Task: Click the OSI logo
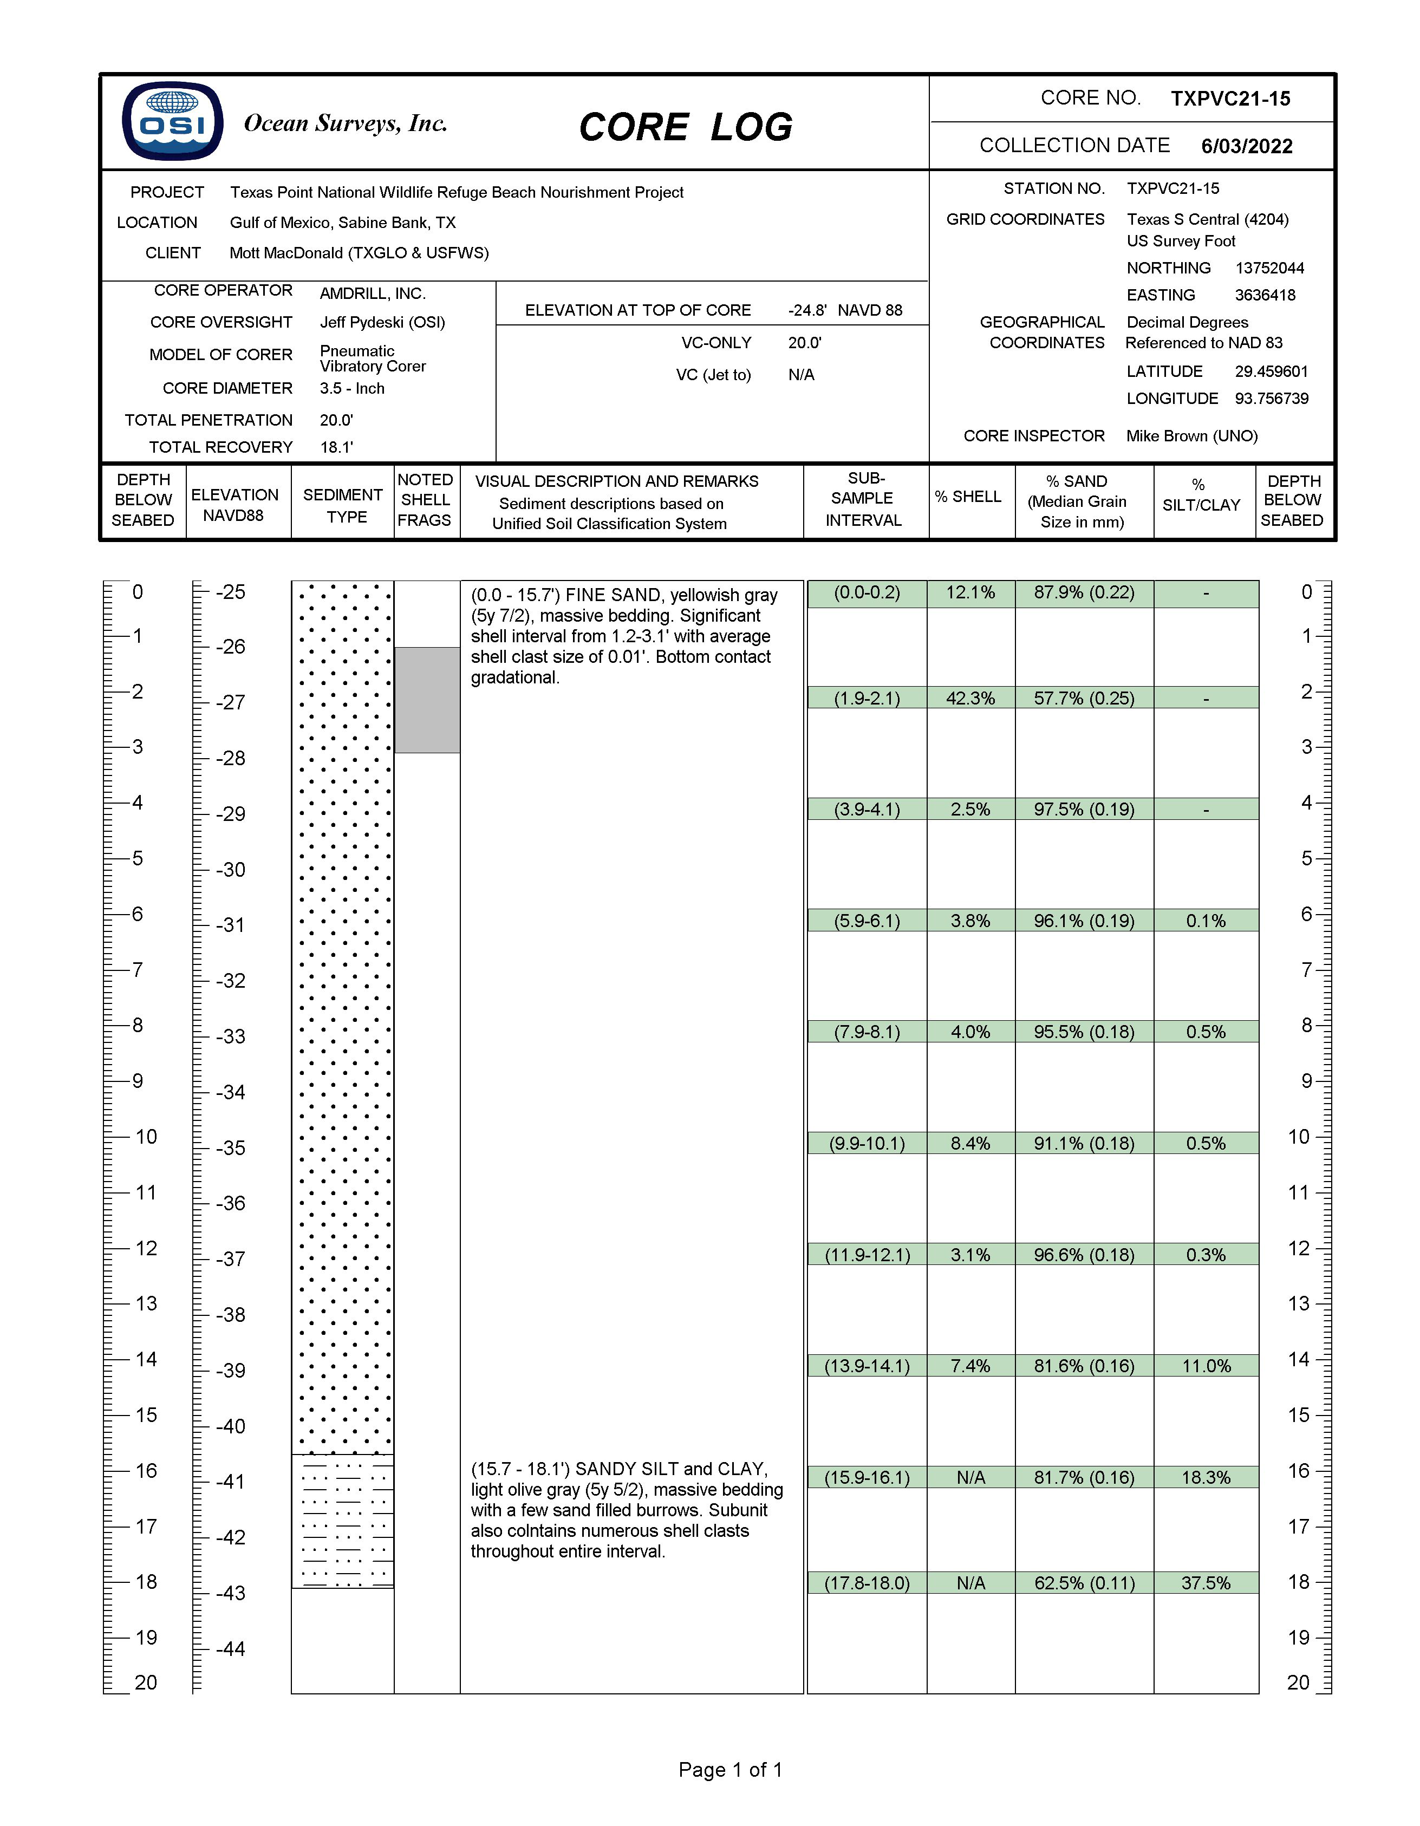tap(172, 121)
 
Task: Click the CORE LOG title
tap(685, 128)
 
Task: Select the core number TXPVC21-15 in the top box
tap(1230, 99)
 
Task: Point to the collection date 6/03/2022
tap(1246, 146)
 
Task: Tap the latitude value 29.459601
tap(1271, 371)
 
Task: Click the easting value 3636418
tap(1265, 295)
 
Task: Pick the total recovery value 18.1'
tap(336, 447)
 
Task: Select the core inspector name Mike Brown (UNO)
tap(1191, 435)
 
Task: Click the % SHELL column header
tap(968, 497)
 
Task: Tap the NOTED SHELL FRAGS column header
tap(425, 500)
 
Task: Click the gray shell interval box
tap(427, 700)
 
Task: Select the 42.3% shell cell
tap(970, 698)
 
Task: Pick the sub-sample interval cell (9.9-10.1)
tap(867, 1143)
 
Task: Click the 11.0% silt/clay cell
tap(1206, 1366)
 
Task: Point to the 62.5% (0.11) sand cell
tap(1084, 1583)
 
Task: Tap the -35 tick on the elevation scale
tap(230, 1148)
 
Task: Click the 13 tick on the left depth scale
tap(146, 1303)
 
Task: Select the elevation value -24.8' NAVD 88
tap(845, 310)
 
